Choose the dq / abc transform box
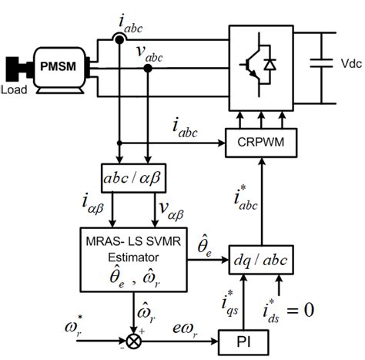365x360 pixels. tap(261, 261)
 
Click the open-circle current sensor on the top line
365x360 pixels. tap(119, 39)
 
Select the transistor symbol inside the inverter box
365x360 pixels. tap(252, 59)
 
